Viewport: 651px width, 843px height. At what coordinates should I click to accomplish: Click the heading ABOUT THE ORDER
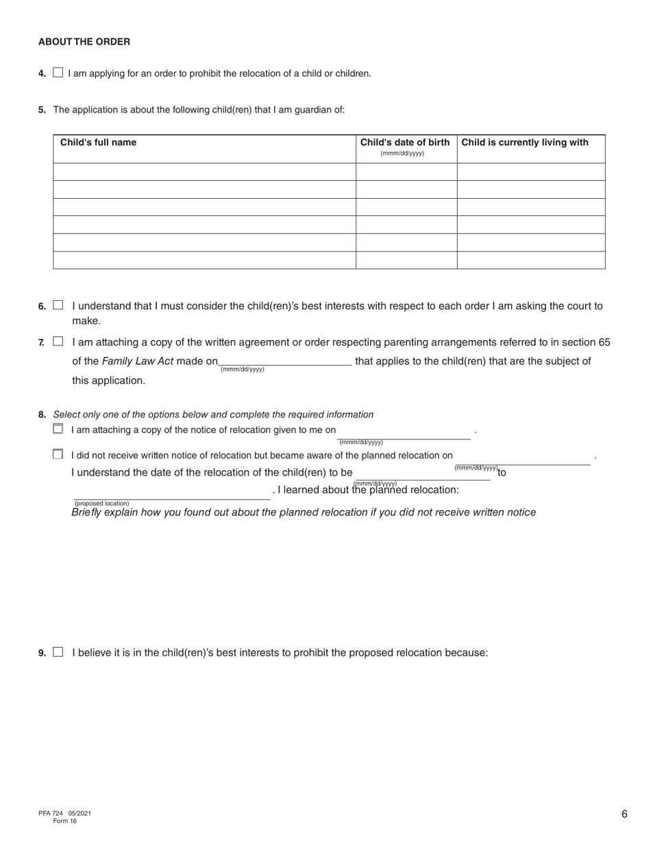[84, 42]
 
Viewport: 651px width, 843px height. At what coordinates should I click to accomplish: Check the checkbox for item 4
[58, 73]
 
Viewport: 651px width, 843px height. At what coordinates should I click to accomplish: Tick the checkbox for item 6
[58, 305]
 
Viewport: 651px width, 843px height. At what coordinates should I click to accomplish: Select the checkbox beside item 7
[58, 341]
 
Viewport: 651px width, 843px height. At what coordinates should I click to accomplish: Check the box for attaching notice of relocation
[58, 429]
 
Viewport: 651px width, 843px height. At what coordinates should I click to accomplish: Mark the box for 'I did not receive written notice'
[58, 454]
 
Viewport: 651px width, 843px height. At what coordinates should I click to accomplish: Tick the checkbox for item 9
[58, 652]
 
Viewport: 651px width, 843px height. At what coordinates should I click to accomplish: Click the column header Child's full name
[98, 143]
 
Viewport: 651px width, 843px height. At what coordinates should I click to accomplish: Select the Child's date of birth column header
[405, 143]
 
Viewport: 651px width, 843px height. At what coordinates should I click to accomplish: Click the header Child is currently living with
[525, 143]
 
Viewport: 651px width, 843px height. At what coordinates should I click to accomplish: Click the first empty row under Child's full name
[204, 172]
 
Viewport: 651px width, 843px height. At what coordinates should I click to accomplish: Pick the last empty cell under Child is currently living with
[531, 260]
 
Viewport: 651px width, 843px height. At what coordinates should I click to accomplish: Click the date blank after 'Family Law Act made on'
[285, 361]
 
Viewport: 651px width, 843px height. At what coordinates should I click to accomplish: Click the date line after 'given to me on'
[404, 432]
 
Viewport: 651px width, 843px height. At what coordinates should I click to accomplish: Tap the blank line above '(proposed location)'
[171, 494]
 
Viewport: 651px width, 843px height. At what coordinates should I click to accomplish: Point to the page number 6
[624, 814]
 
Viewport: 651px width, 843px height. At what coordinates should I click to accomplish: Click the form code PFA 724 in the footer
[51, 814]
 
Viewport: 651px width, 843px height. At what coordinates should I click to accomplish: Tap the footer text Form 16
[65, 821]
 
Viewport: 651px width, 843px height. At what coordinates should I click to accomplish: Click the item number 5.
[42, 110]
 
